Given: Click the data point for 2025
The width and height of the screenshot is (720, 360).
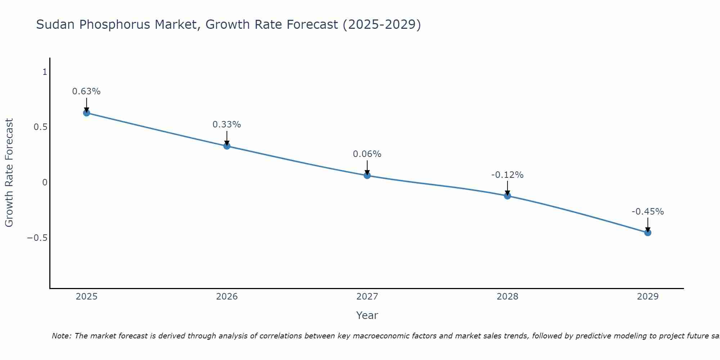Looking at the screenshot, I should (x=86, y=113).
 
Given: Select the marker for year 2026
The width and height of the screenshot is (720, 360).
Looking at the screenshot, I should (x=227, y=146).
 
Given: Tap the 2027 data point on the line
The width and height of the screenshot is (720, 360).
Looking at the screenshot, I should (x=367, y=176).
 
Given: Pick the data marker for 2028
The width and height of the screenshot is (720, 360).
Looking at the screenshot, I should (x=508, y=196).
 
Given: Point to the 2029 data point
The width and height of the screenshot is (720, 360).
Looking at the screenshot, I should (x=648, y=233).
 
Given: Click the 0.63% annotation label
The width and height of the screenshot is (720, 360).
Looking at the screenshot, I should (x=86, y=91).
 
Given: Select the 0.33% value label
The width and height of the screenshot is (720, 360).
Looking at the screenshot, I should (x=227, y=125).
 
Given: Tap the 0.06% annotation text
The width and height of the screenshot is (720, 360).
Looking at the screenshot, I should (x=367, y=154).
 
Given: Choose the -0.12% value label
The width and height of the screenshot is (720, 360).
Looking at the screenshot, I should (x=508, y=175).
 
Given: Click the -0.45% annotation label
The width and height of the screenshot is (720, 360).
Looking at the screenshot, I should (x=648, y=212).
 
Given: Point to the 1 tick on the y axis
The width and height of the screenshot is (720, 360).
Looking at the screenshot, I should (x=45, y=72).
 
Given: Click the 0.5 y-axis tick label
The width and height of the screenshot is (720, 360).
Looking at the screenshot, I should (x=40, y=127).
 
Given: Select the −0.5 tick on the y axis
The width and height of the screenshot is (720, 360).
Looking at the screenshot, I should (x=37, y=238).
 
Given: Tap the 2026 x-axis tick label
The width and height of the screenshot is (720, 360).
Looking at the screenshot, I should (x=227, y=297).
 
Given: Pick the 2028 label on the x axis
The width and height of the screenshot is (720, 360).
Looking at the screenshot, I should (x=508, y=297).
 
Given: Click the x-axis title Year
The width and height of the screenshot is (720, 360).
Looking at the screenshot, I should (x=367, y=315).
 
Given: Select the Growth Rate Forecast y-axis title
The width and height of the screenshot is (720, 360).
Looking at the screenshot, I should (x=9, y=173).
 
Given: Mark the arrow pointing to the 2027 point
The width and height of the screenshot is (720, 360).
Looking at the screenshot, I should (x=367, y=167).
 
